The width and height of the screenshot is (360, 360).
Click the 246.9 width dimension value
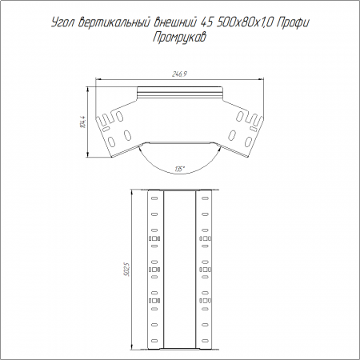[179, 74]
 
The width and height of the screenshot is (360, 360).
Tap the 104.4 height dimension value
[83, 122]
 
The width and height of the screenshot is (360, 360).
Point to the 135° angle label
[180, 169]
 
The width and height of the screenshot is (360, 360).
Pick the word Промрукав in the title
[179, 38]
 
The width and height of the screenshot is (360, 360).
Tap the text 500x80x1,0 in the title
[245, 22]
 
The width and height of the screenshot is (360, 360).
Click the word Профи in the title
[293, 23]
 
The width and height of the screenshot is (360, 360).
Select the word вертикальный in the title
[115, 23]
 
